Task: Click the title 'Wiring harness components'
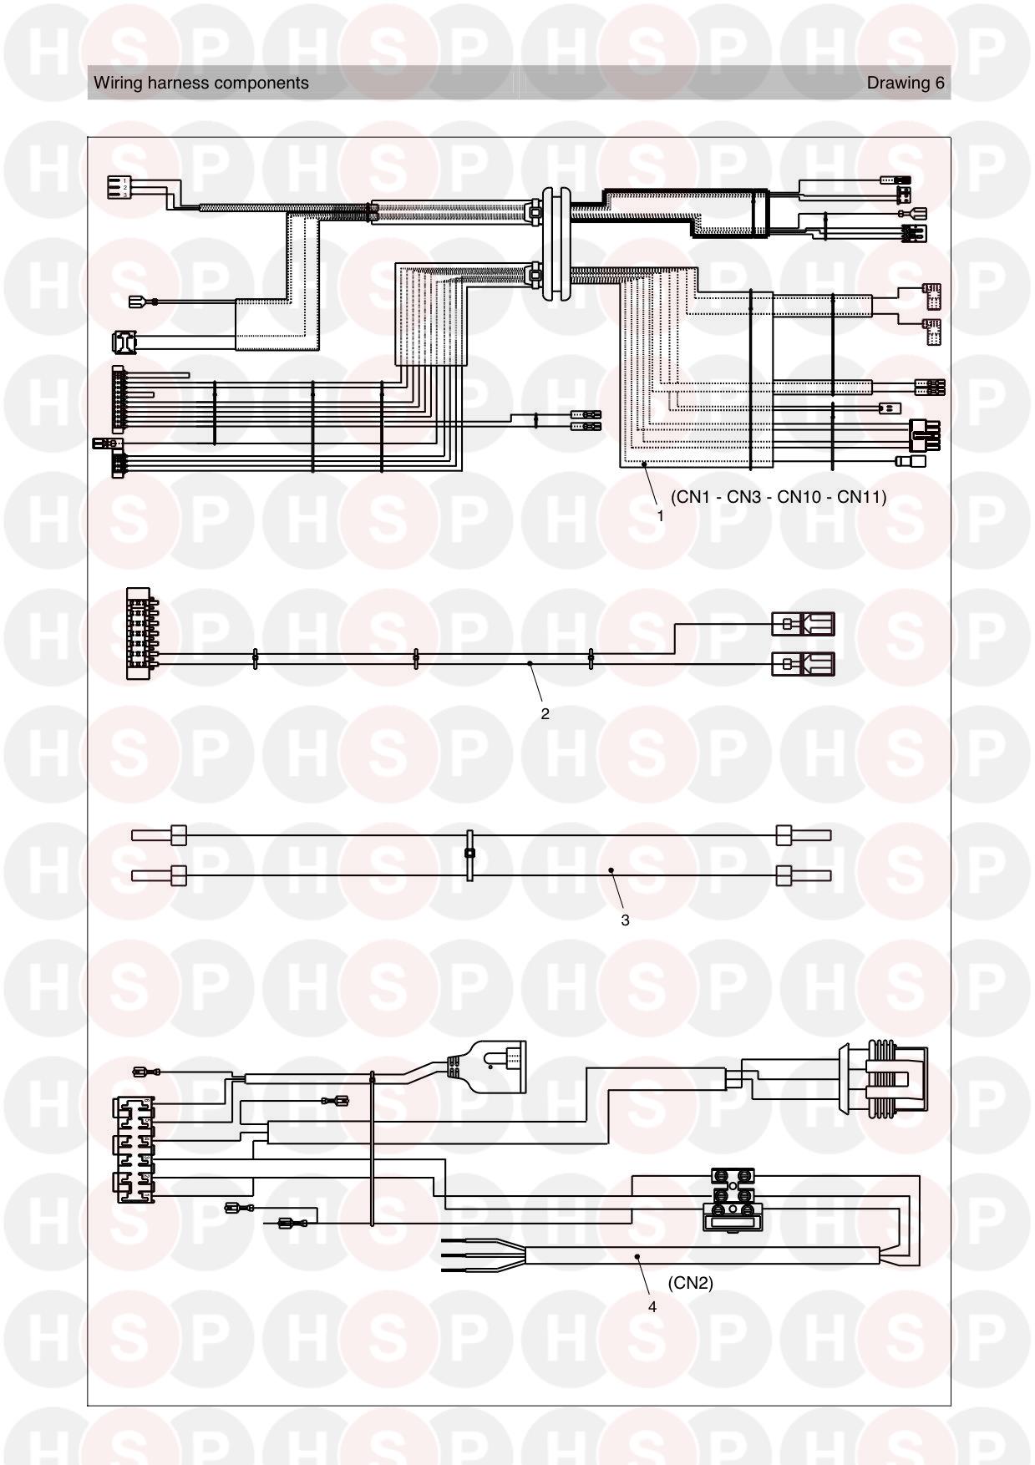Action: pos(201,83)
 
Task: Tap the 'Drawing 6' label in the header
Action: pos(906,83)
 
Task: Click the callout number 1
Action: pos(660,516)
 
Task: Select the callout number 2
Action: pos(545,714)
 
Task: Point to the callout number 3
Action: pos(625,920)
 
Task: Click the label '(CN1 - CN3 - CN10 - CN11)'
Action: pos(779,497)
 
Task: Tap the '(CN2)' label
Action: pos(691,1283)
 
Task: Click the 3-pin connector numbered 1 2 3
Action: pos(121,187)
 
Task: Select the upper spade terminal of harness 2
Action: pos(803,624)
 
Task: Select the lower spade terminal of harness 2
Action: pos(803,664)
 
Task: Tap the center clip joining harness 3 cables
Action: pos(470,854)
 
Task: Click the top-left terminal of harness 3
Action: pos(159,835)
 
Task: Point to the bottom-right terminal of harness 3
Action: pos(804,876)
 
